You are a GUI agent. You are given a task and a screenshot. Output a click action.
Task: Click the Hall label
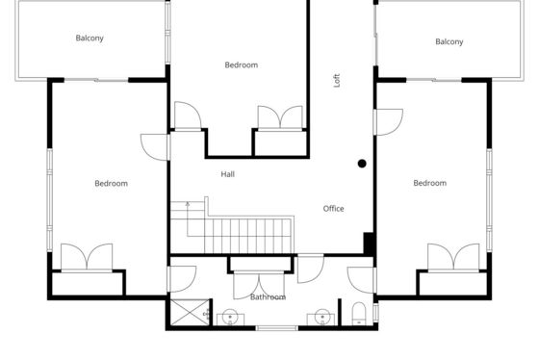tap(227, 174)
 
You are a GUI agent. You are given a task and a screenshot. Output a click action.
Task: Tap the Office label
tap(333, 208)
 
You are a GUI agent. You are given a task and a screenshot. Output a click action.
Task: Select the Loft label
tap(337, 81)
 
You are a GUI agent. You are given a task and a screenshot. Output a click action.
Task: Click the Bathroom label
tap(268, 296)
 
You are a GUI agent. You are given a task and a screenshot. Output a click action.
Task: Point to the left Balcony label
tap(90, 38)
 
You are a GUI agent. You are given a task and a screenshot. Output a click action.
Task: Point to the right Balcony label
tap(449, 41)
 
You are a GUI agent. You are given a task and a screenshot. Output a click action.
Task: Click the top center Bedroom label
tap(242, 65)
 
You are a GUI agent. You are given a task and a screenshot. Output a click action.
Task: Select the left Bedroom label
tap(111, 183)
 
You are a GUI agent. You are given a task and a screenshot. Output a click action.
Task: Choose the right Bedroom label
tap(429, 183)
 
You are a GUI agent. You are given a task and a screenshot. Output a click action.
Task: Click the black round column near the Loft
tap(362, 164)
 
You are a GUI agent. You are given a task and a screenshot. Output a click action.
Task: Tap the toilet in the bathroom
tap(358, 314)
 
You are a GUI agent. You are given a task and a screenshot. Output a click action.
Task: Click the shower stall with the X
tap(191, 312)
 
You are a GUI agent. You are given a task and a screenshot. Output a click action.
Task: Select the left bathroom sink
tap(230, 318)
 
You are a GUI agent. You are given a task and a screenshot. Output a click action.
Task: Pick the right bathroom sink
tap(321, 318)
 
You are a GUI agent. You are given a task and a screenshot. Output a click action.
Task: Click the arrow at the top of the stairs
tap(188, 204)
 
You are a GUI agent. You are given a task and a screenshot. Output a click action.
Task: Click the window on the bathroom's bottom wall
tap(277, 328)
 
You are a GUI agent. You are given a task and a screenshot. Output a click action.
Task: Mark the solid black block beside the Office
tap(369, 244)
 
